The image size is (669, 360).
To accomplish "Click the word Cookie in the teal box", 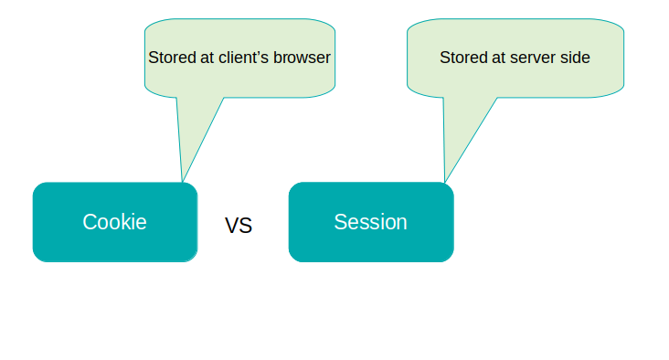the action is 114,222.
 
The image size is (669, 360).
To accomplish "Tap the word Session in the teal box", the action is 370,222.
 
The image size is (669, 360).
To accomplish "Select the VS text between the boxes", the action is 239,225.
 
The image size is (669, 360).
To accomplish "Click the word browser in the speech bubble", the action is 302,58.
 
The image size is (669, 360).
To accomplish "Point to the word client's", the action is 243,58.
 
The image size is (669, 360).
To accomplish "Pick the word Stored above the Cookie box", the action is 172,58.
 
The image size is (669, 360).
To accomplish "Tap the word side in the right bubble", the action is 575,58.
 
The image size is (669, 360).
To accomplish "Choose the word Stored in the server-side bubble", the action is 463,58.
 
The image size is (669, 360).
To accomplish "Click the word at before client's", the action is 207,58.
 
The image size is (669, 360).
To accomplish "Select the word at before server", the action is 498,58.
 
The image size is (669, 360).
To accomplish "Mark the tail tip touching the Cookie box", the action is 183,182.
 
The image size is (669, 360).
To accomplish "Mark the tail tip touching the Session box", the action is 445,182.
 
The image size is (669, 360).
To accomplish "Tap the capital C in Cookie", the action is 90,222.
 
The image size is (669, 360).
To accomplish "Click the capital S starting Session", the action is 341,222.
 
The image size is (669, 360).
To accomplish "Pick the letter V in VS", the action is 231,225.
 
